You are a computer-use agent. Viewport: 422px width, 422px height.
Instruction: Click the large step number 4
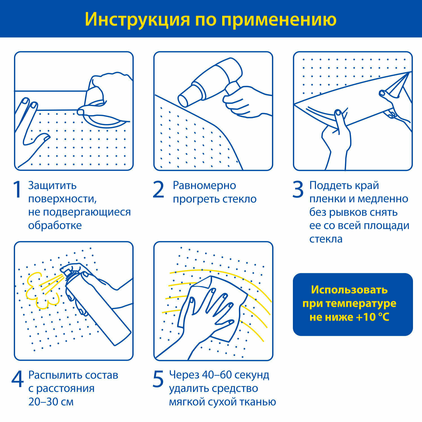coord(17,379)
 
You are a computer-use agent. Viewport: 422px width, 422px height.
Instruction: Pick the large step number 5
coord(158,379)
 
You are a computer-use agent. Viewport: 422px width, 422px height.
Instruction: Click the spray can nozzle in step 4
coord(66,271)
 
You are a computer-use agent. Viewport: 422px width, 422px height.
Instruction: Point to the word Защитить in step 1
coord(52,186)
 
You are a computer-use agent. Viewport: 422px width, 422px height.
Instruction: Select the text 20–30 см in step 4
coord(51,401)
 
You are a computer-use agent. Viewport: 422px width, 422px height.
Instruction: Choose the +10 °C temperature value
coord(372,317)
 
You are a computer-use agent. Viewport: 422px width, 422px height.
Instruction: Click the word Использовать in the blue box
coord(349,290)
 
